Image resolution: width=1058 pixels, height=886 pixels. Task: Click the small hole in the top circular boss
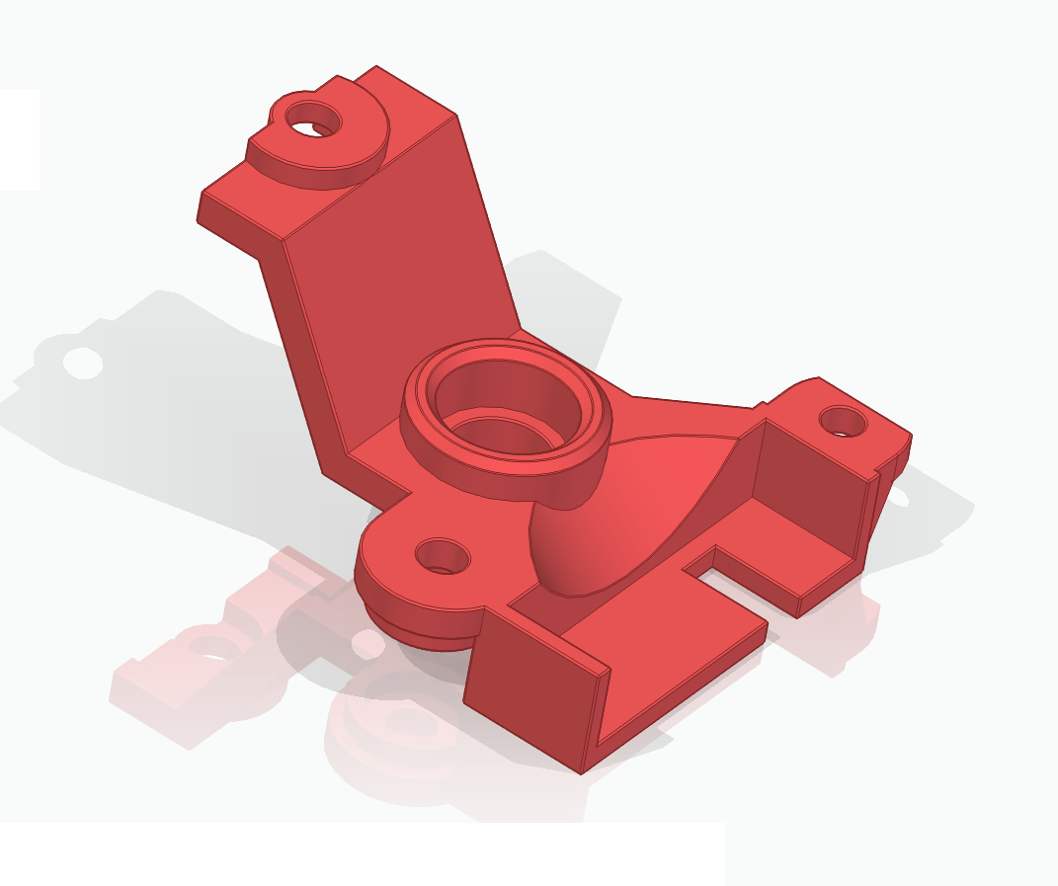[x=313, y=121]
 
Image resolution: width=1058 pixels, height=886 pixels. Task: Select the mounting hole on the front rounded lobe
[x=443, y=556]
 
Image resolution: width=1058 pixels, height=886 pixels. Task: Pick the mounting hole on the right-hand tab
[x=843, y=422]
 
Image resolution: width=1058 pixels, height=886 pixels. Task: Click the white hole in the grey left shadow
[x=83, y=362]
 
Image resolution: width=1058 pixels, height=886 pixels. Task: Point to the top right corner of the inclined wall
[x=455, y=116]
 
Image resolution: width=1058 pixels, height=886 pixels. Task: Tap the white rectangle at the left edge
[x=19, y=139]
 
